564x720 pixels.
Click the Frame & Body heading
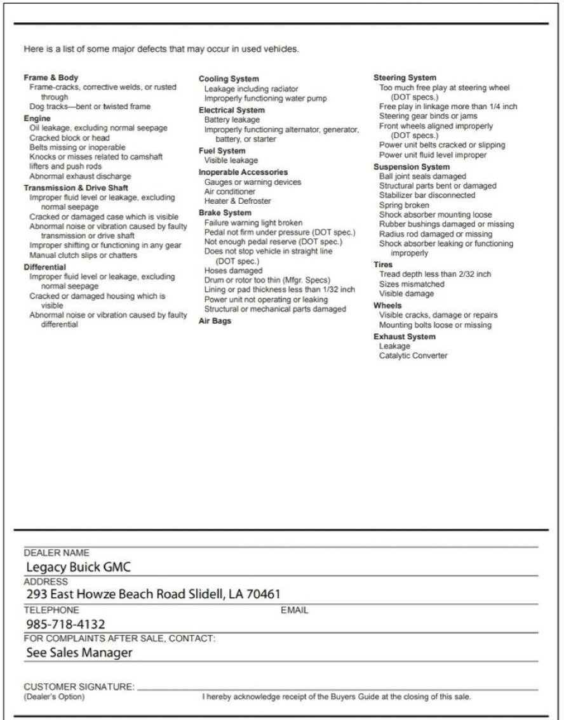click(51, 77)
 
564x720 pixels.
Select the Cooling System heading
click(229, 79)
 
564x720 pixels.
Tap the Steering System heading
click(405, 77)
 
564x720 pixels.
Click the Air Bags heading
click(215, 321)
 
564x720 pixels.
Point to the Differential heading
click(44, 267)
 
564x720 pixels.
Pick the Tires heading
click(383, 264)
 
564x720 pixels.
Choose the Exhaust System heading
click(404, 337)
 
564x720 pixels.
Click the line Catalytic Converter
click(413, 356)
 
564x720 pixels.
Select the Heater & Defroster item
click(238, 201)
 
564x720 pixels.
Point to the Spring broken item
click(404, 205)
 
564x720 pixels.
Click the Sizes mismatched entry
click(412, 284)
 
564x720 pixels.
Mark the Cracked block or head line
click(69, 138)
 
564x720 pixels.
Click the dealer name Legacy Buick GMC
click(78, 567)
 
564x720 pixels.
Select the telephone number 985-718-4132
click(65, 624)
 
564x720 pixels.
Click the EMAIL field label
click(295, 610)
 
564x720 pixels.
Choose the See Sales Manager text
click(79, 652)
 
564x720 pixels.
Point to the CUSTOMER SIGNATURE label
click(79, 686)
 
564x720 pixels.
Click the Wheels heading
click(387, 305)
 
